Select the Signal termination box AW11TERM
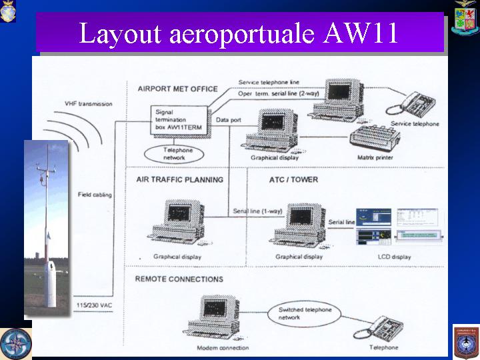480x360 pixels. tap(177, 118)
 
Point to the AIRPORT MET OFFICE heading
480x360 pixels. tap(177, 89)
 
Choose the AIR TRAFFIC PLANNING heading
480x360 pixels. tap(179, 179)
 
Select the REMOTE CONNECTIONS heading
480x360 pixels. tap(179, 279)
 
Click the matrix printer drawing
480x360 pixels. tap(375, 138)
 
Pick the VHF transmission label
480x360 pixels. tap(89, 104)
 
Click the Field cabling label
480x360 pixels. tap(94, 194)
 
